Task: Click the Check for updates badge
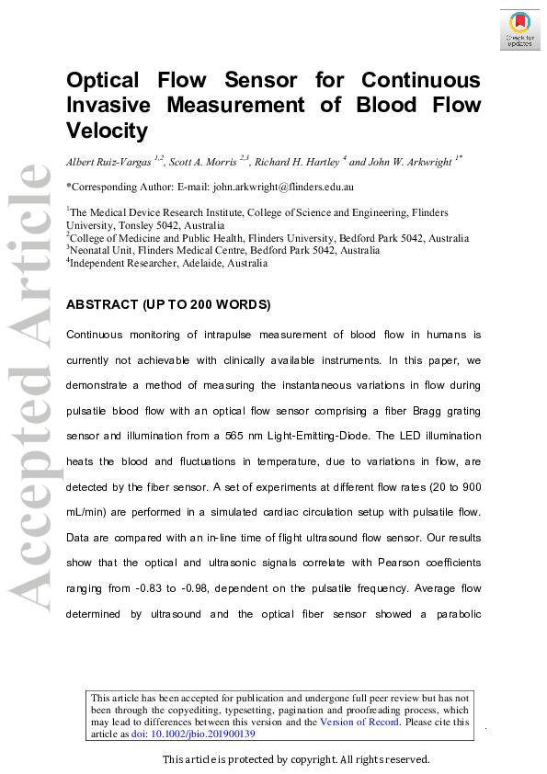click(x=519, y=29)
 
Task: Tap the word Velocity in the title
click(x=107, y=131)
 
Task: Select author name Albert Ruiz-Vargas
click(x=109, y=161)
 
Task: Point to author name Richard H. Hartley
click(x=297, y=161)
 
